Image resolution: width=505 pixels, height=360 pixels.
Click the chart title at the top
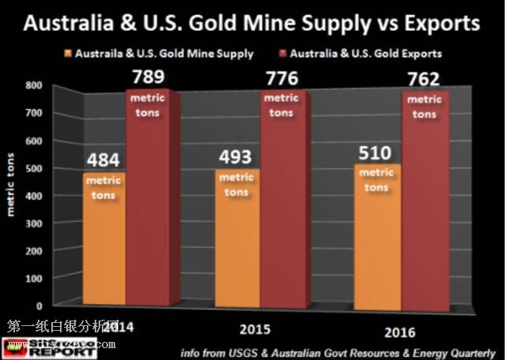point(252,21)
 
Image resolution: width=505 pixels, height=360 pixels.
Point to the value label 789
point(151,77)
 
